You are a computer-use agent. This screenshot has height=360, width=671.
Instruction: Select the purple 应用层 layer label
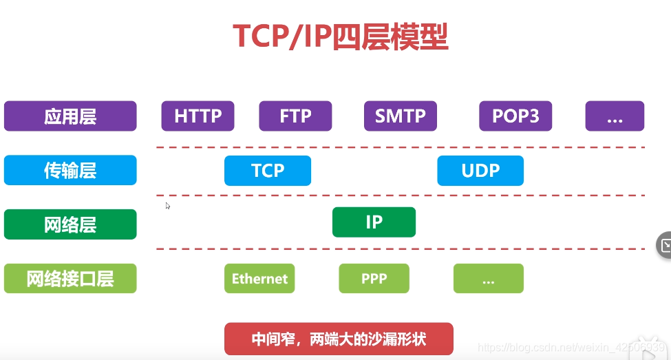(70, 116)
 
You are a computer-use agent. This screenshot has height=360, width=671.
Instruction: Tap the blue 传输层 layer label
(70, 171)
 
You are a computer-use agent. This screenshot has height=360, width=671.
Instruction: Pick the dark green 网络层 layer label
(70, 224)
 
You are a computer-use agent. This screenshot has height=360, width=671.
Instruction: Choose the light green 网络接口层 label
(70, 279)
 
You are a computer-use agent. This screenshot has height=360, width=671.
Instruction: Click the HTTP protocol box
(198, 116)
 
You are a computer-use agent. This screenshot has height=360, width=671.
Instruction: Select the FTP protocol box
(295, 116)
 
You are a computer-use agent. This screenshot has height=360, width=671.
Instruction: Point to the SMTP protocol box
(401, 116)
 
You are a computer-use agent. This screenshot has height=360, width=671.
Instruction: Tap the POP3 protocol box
(515, 116)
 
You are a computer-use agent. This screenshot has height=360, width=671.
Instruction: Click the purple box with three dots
(615, 116)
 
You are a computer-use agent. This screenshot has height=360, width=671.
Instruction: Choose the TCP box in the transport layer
(268, 171)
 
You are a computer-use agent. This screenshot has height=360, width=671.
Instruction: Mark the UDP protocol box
(480, 171)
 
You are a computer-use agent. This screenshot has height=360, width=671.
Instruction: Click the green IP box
(374, 222)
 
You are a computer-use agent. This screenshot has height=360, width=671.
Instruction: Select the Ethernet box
(259, 279)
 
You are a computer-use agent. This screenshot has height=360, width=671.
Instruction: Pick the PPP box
(374, 279)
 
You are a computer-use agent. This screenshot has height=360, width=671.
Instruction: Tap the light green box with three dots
(488, 279)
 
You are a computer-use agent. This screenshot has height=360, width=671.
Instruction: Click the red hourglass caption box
(339, 339)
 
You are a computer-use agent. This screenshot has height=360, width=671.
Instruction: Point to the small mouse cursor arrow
(168, 205)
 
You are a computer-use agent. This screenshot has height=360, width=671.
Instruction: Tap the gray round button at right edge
(664, 245)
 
